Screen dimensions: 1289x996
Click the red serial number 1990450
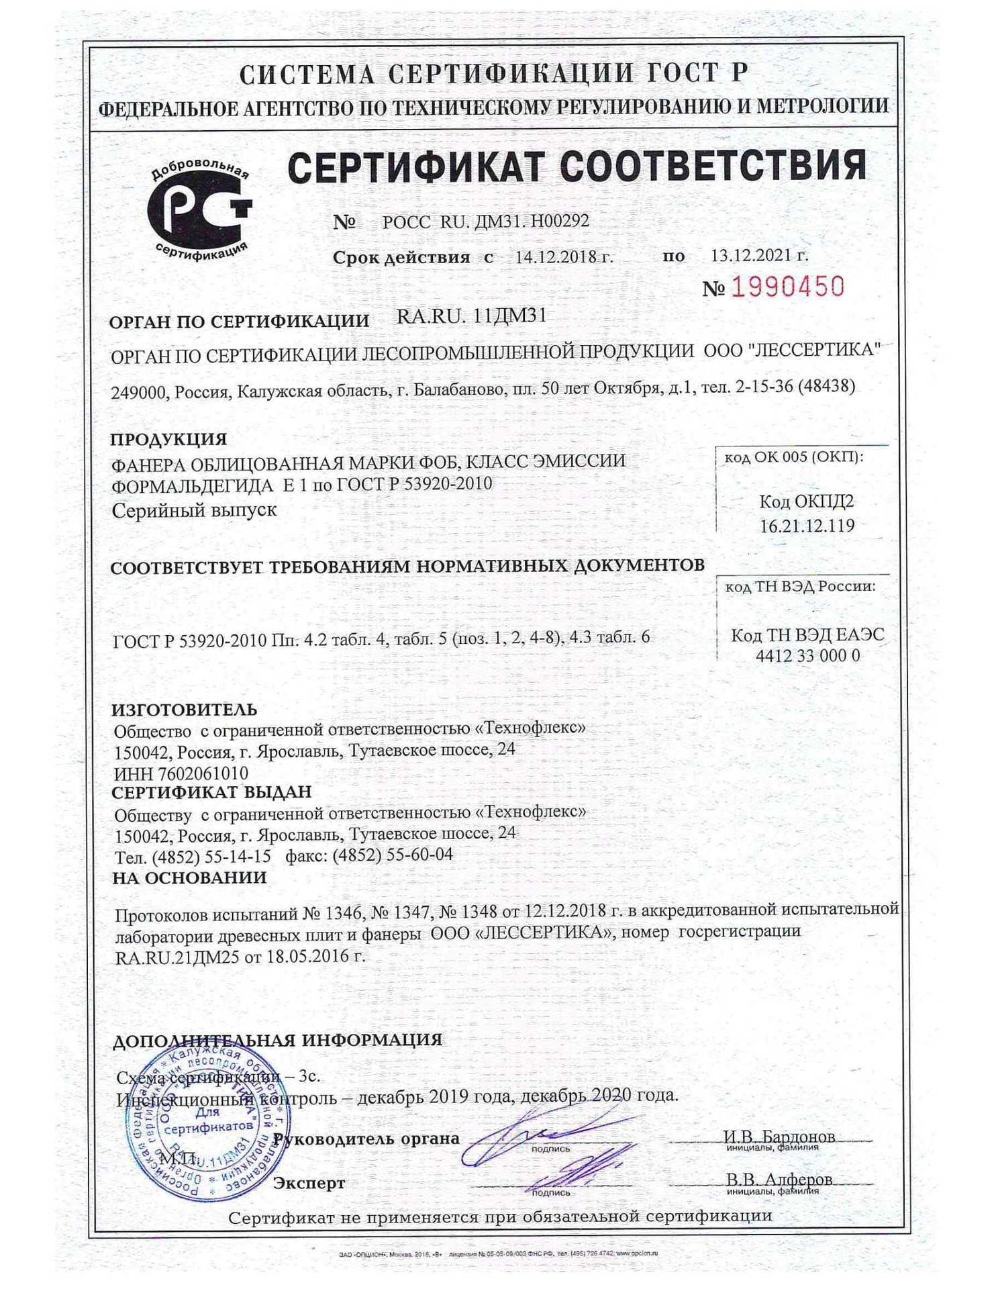coord(787,288)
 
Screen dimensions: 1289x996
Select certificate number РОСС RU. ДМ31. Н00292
coord(485,222)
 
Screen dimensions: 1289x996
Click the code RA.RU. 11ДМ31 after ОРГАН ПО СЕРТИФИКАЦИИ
coord(471,316)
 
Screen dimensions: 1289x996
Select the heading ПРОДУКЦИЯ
coord(168,439)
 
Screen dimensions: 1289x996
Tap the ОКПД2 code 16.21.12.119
coord(807,526)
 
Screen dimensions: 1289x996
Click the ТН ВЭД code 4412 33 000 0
coord(807,656)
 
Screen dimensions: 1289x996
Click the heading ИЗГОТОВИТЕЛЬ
coord(184,710)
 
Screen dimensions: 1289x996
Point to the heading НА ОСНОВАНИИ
coord(189,877)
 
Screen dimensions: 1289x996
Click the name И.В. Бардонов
coord(779,1137)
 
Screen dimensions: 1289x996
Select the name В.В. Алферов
coord(779,1180)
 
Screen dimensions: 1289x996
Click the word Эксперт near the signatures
coord(309,1184)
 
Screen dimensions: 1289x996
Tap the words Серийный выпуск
coord(194,510)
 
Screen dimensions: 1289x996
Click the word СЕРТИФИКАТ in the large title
coord(415,166)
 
